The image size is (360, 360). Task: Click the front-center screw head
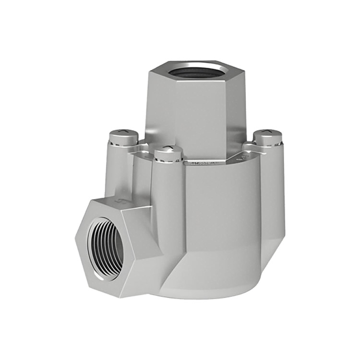click(168, 153)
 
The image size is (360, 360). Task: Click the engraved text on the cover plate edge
click(204, 164)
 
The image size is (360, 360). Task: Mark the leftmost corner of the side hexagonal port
click(75, 236)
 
